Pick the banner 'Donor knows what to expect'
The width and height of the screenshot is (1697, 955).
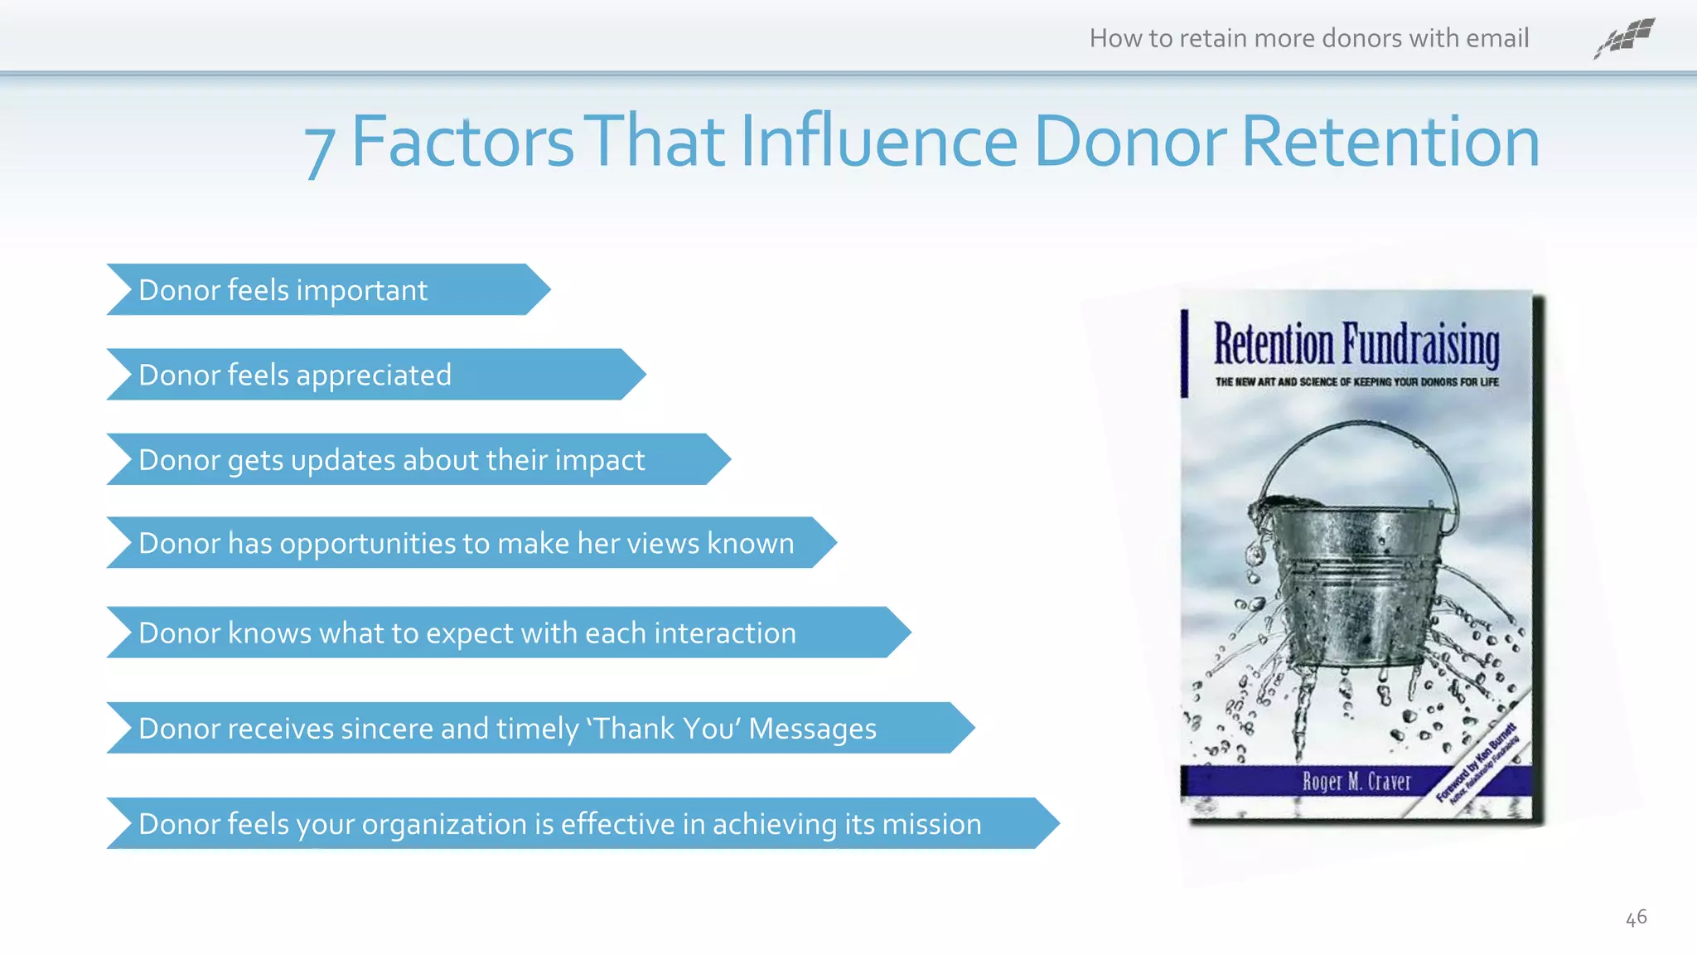click(506, 633)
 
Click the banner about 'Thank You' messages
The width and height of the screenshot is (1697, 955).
click(539, 728)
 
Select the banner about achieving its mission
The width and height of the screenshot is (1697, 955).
click(580, 823)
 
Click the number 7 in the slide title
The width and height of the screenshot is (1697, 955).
click(320, 149)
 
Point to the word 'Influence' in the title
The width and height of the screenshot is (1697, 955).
click(878, 142)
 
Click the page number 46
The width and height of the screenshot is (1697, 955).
click(1636, 918)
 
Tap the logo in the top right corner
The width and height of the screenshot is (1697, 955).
click(1624, 38)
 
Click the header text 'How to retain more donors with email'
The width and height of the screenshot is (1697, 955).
click(1308, 38)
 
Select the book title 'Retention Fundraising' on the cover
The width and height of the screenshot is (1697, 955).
click(1356, 344)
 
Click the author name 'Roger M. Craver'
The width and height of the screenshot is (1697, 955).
click(1356, 781)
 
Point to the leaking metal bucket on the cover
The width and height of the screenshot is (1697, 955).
click(1351, 580)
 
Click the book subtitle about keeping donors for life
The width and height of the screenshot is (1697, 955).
click(1356, 382)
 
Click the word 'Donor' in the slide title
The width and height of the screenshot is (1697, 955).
click(1128, 142)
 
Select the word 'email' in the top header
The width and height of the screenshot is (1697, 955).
click(1496, 38)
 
